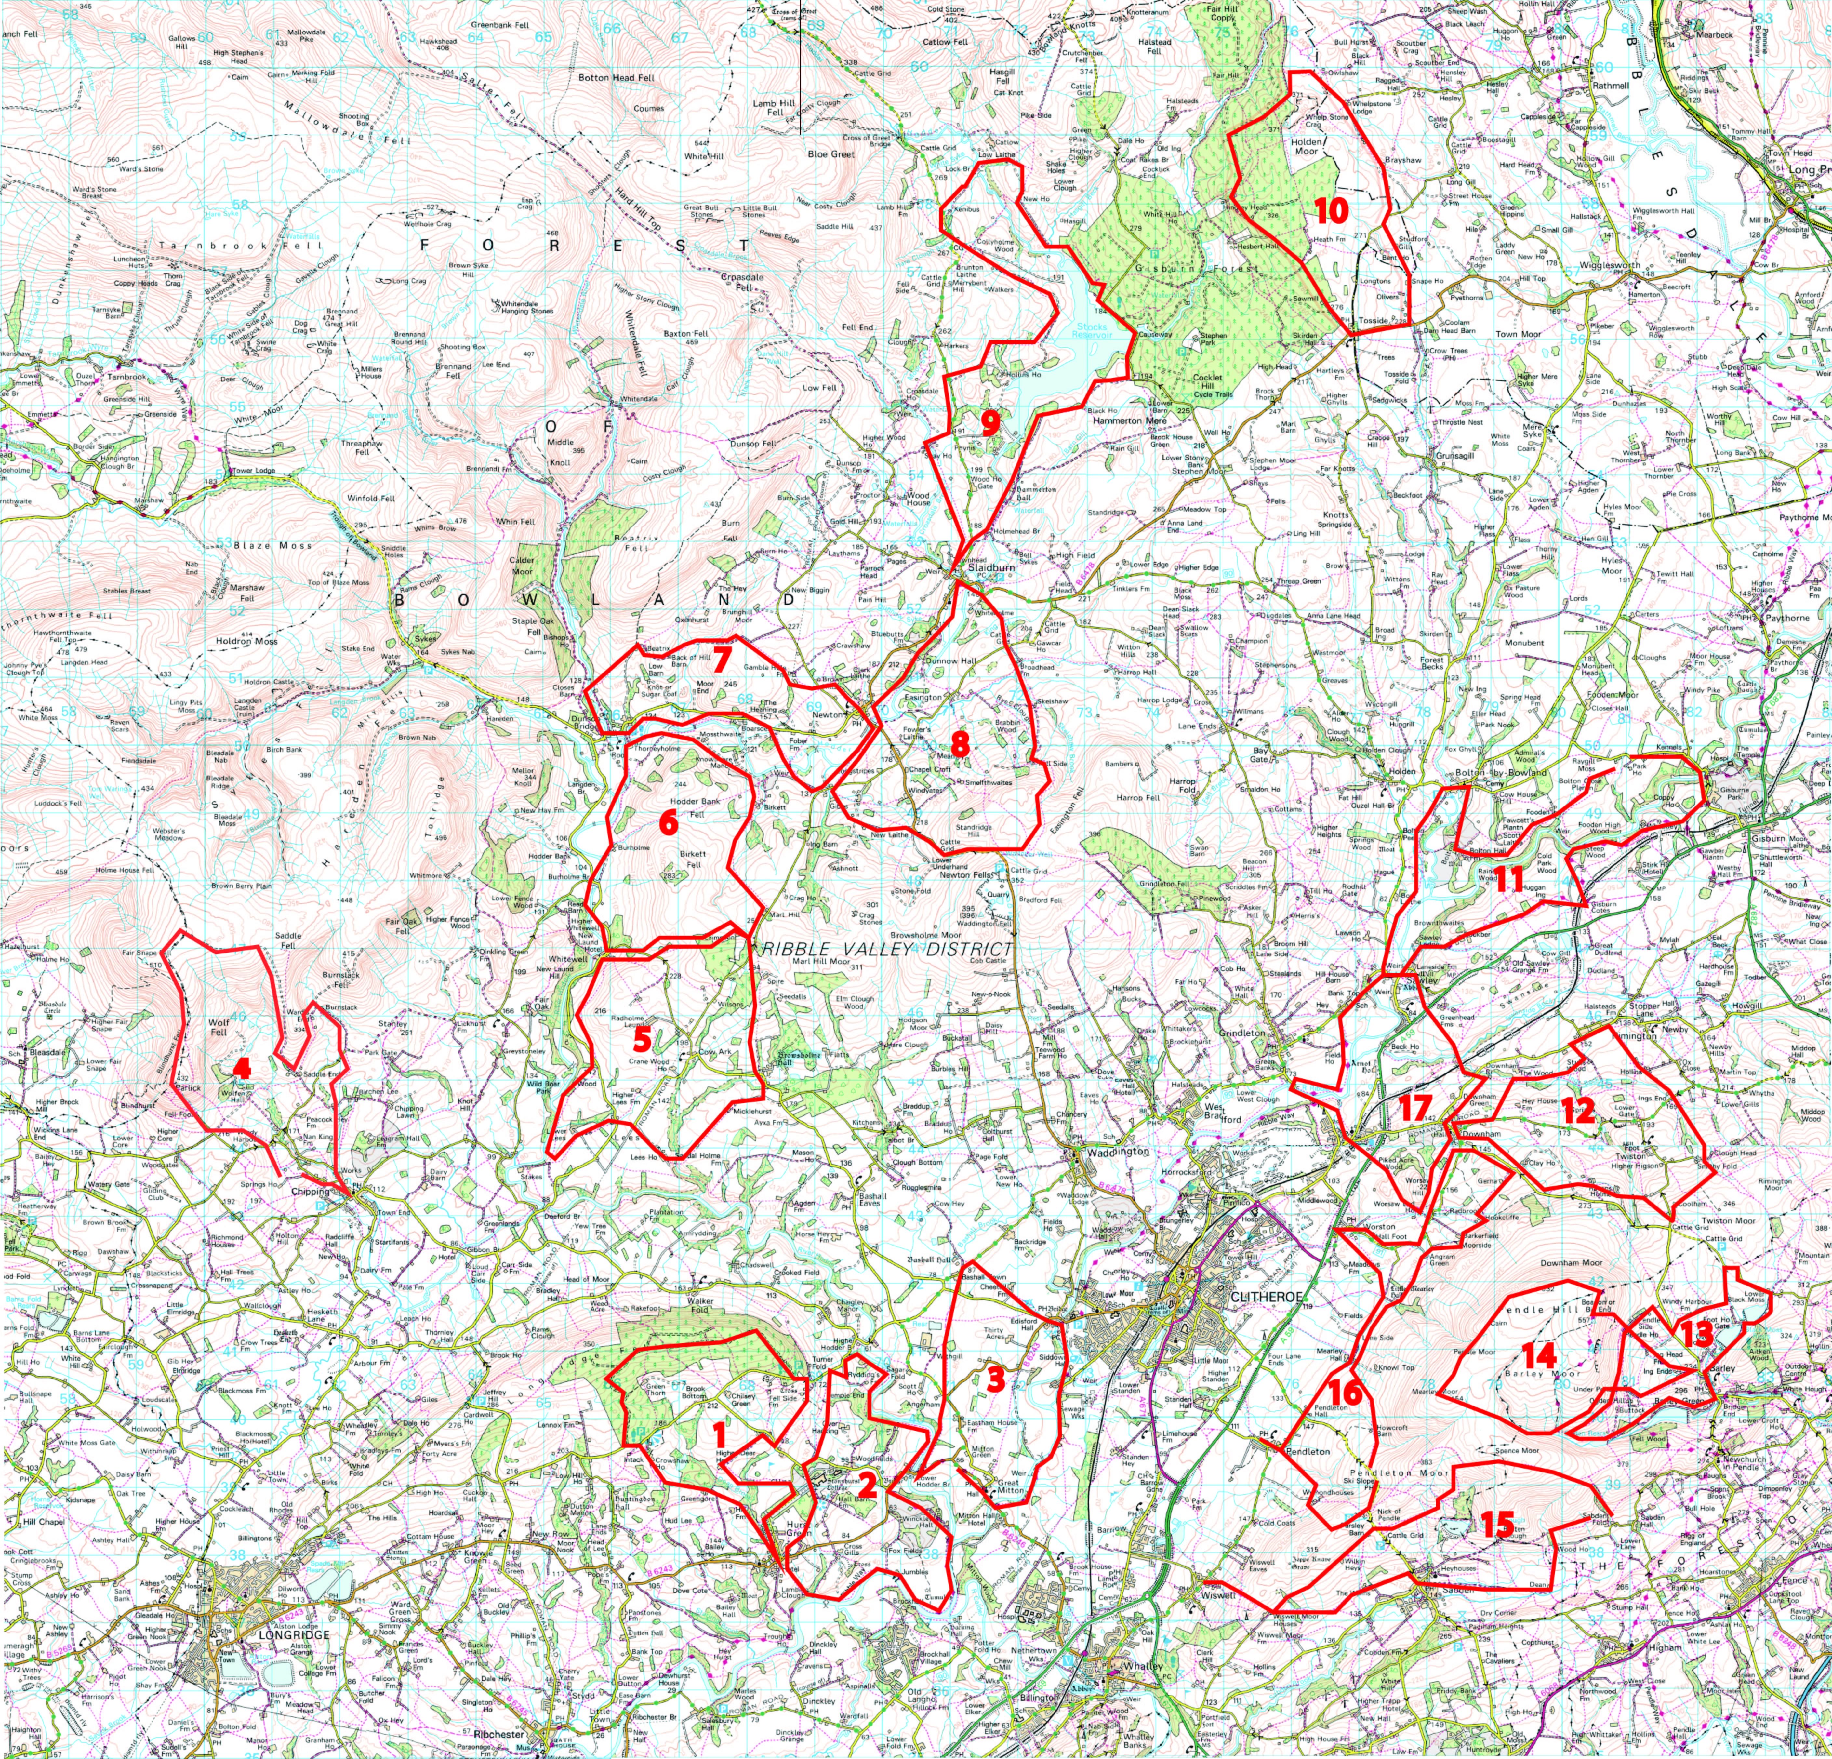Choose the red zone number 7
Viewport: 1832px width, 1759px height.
pyautogui.click(x=721, y=661)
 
